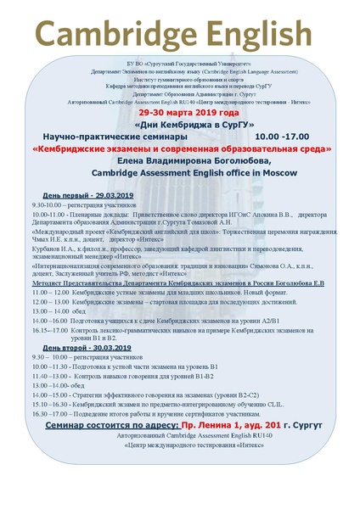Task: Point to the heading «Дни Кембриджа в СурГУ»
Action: click(179, 124)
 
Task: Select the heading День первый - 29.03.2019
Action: click(83, 195)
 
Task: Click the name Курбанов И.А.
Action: click(53, 249)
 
